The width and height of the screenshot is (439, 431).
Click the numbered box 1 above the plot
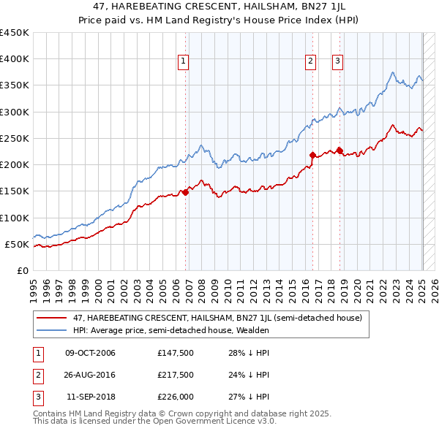tap(182, 61)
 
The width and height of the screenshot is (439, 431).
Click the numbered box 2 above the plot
tap(311, 61)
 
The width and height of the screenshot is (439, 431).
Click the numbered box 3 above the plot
tap(338, 61)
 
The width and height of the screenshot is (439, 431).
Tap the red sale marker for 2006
tap(186, 192)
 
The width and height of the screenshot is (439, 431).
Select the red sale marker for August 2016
tap(312, 155)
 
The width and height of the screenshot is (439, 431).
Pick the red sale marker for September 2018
tap(339, 150)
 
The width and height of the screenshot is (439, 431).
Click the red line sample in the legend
tap(51, 318)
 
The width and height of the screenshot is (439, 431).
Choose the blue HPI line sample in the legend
tap(51, 330)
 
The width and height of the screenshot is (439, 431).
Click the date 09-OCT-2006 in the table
tap(90, 354)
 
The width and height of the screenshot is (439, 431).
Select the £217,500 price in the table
tap(175, 375)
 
